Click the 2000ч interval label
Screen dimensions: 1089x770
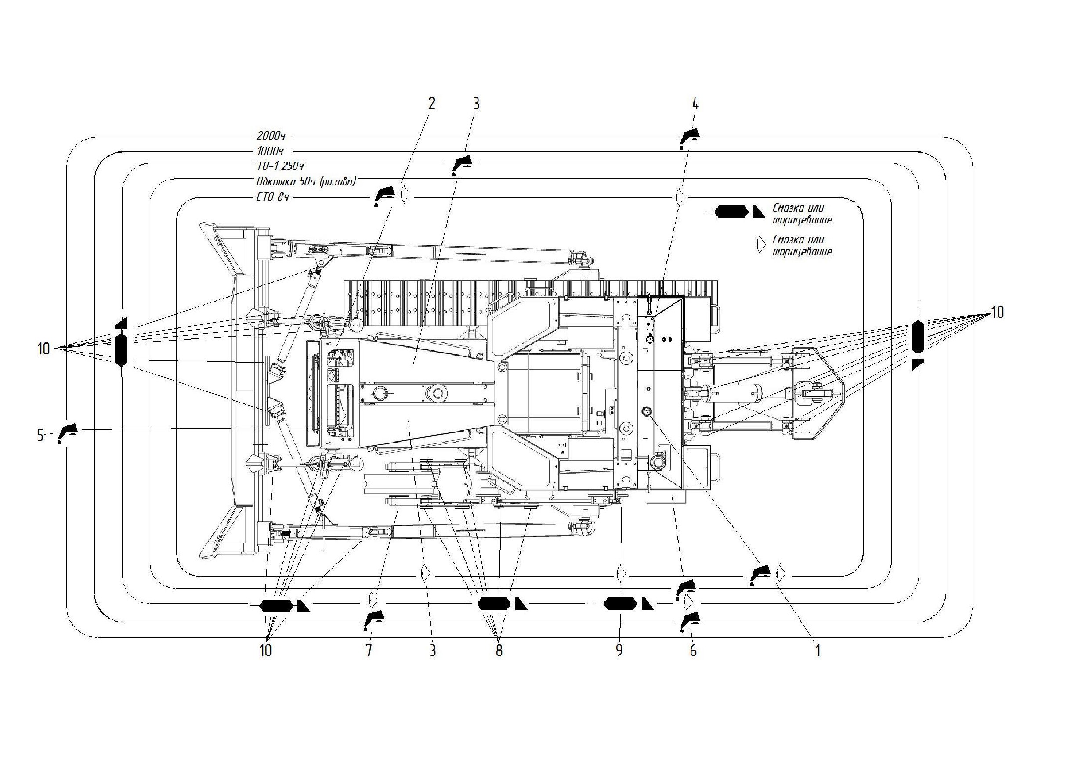[x=271, y=136]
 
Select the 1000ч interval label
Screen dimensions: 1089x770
[x=270, y=152]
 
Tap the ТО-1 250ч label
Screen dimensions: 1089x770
[x=280, y=166]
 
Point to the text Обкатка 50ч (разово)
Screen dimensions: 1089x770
[x=306, y=182]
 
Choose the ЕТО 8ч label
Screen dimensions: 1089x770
[x=272, y=197]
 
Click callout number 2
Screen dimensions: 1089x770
[x=431, y=103]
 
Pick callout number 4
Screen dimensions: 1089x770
[x=696, y=103]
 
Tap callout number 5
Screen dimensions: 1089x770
[x=41, y=435]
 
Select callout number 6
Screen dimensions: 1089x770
[x=693, y=651]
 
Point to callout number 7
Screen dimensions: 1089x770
[x=369, y=651]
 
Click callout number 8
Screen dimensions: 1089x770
[x=499, y=651]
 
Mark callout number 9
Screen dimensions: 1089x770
[x=619, y=651]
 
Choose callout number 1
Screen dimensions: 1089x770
[x=818, y=651]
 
